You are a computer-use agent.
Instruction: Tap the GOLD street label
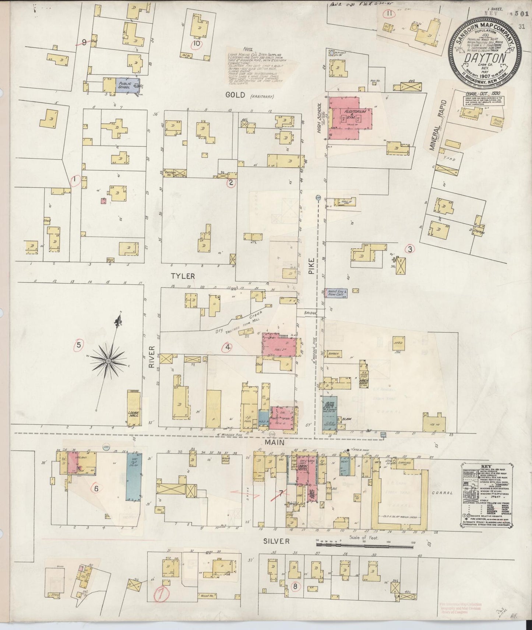click(x=236, y=95)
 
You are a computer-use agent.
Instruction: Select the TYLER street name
click(x=182, y=276)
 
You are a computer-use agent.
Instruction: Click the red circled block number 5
click(x=78, y=345)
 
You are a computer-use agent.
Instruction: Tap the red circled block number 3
click(x=410, y=249)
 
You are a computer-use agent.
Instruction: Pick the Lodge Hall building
click(x=133, y=408)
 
